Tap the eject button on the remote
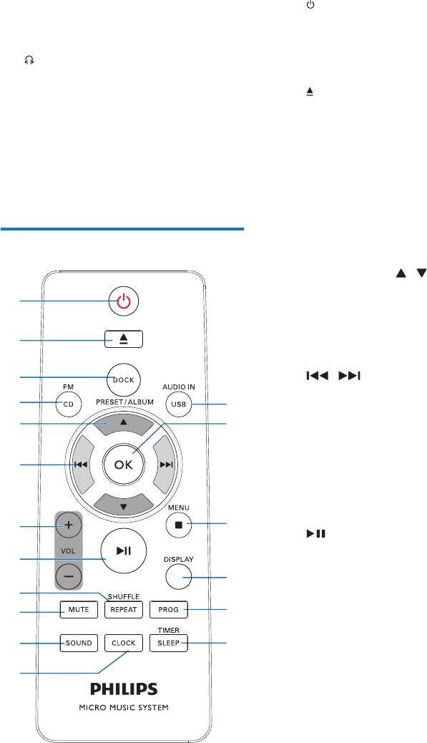[x=124, y=339]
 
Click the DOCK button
[x=124, y=379]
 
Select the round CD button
[x=69, y=404]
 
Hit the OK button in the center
[x=124, y=465]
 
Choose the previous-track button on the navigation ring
[x=82, y=465]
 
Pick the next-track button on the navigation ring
[x=166, y=465]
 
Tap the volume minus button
[x=69, y=576]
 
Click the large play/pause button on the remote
[x=124, y=550]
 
